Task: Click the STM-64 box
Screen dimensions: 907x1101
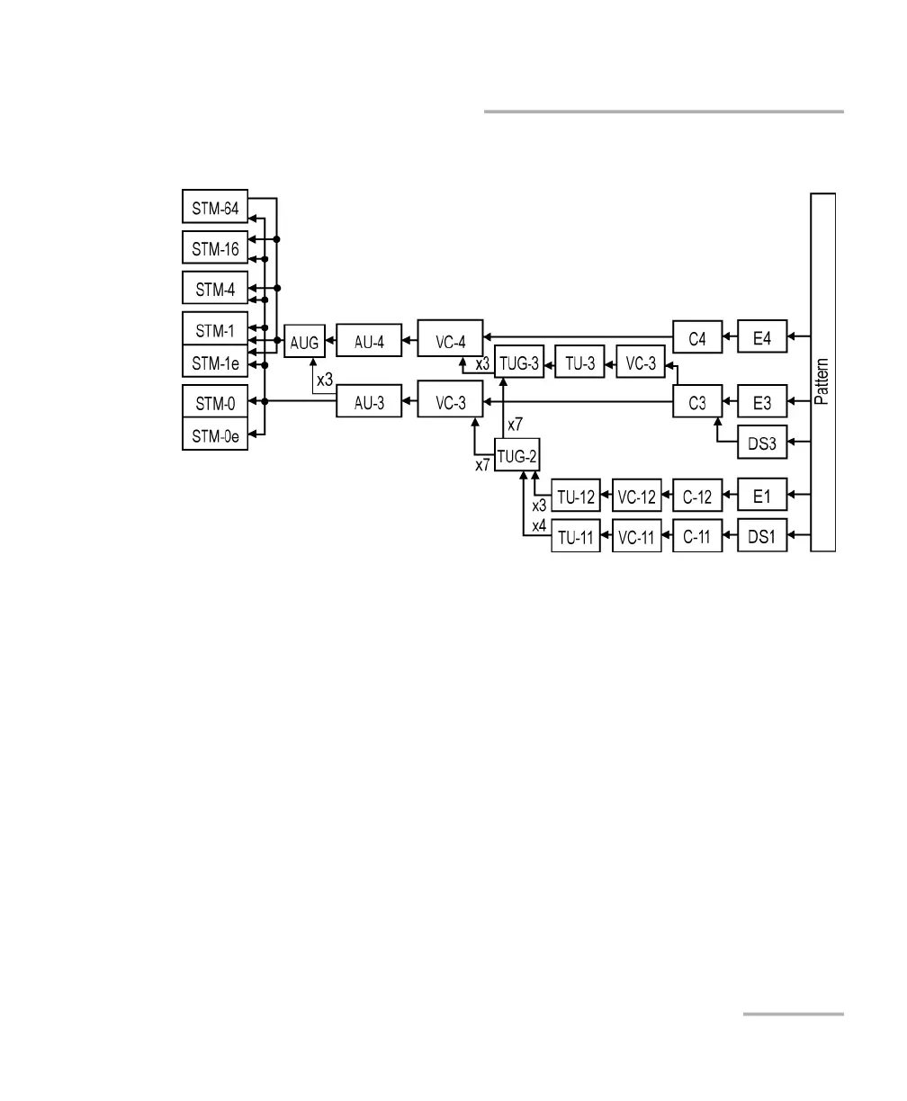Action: tap(214, 210)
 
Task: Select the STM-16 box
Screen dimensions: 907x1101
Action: tap(214, 248)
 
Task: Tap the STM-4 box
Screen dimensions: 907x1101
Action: tap(214, 289)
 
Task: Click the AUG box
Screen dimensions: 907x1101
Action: tap(304, 343)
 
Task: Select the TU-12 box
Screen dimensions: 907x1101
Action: tap(576, 496)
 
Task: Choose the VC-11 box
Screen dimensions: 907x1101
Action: tap(637, 537)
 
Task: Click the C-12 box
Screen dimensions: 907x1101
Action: tap(697, 496)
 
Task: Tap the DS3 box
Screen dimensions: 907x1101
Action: tap(761, 442)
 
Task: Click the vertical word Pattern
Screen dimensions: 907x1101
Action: tap(822, 380)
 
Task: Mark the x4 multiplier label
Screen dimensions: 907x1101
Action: tap(539, 525)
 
